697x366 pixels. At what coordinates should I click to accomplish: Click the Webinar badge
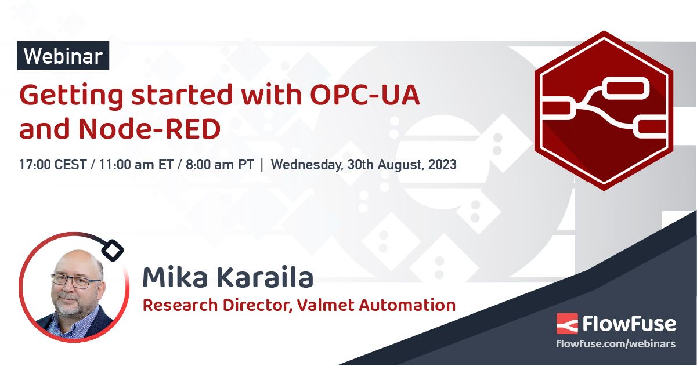click(x=63, y=56)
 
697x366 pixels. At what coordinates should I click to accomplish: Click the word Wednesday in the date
click(x=306, y=164)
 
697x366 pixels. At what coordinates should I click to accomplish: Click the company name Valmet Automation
click(x=376, y=305)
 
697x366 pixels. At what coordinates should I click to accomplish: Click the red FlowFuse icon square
click(x=566, y=322)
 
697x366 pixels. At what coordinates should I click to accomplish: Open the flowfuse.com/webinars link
click(x=616, y=343)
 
